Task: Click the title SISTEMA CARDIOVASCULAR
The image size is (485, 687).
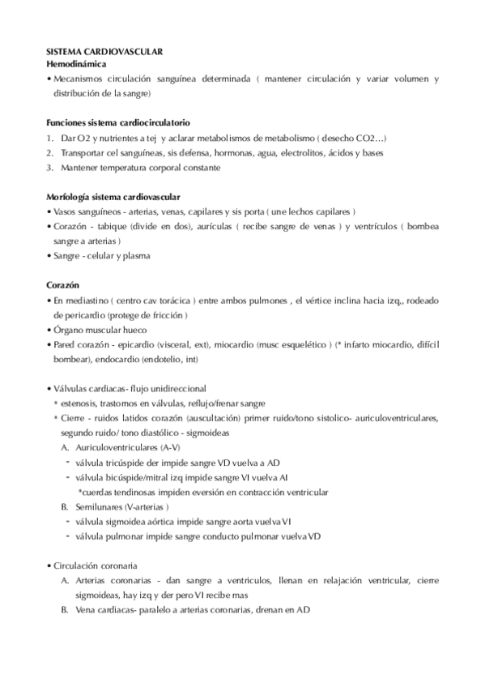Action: tap(104, 51)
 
